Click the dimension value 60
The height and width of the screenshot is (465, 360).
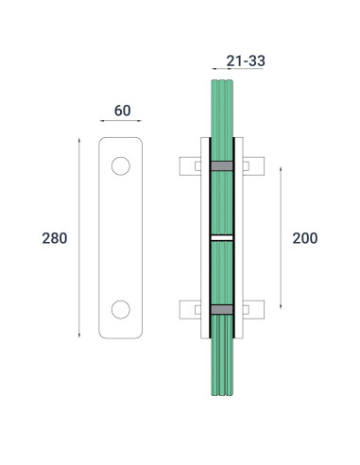tap(122, 111)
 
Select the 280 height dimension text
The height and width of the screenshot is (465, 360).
tap(55, 238)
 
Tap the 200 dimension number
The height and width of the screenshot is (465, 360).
tap(304, 238)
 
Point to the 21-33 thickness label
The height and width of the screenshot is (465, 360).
tap(246, 61)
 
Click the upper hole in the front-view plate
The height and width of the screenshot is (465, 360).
tap(120, 166)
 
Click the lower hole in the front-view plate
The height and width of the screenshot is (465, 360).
tap(120, 309)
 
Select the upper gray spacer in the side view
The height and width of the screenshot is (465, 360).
tap(220, 166)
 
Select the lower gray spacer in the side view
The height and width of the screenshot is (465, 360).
tap(220, 309)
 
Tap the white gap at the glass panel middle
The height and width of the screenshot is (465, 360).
tap(220, 238)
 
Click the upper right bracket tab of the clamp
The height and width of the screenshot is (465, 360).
tap(253, 166)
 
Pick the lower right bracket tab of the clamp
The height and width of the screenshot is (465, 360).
tap(253, 309)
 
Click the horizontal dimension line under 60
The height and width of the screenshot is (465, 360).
tap(121, 121)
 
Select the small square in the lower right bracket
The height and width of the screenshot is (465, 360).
tap(245, 309)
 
